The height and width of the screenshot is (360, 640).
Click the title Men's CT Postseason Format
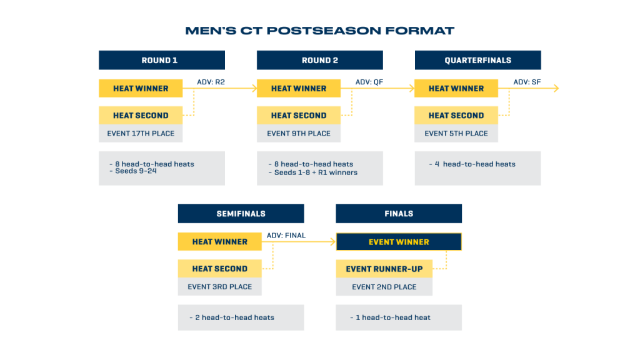pos(319,31)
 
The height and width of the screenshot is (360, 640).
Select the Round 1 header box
pos(162,60)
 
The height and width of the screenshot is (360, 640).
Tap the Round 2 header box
pos(319,60)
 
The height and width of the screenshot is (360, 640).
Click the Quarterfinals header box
pos(477,60)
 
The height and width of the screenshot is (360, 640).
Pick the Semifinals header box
pos(241,214)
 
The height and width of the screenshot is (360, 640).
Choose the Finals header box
pos(399,214)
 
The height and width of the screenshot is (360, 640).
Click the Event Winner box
pos(399,242)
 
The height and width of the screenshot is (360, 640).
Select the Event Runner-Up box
pos(384,269)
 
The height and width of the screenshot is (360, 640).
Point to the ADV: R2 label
pos(211,82)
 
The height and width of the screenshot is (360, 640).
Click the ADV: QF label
pos(369,82)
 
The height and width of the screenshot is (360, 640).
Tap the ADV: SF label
pos(527,82)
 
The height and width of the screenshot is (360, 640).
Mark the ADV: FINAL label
pos(286,236)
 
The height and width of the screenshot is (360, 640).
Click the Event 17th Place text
pos(141,134)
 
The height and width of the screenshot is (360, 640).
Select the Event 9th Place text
pos(299,134)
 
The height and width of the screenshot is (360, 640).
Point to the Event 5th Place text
pos(456,134)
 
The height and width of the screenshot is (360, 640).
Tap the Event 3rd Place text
pos(219,286)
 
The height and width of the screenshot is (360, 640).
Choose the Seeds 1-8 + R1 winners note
pos(312,172)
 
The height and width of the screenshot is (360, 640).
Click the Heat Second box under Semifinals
pos(219,269)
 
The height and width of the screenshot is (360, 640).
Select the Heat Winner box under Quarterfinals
pos(456,88)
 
